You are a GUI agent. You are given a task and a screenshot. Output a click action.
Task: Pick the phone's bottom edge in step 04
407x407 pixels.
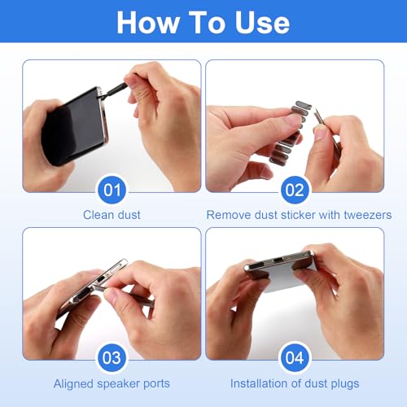point(281,262)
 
